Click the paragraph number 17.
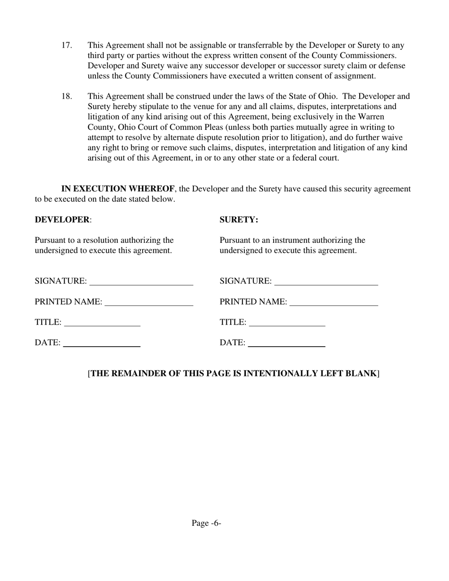66,45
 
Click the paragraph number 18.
66,96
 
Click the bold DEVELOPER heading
62,220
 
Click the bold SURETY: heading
239,220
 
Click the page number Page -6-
207,523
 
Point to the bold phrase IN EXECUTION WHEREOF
118,189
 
